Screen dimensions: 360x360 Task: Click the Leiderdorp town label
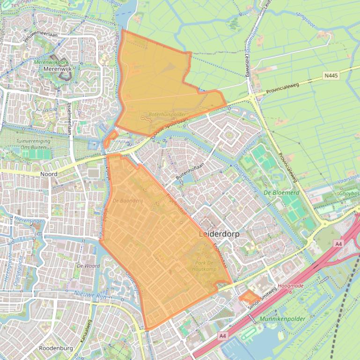220,234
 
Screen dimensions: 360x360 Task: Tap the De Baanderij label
127,201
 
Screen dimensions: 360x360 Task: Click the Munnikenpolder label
281,319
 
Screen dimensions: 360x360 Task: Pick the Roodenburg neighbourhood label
56,348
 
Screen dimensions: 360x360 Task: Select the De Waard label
88,265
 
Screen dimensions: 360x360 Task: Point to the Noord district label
49,174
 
